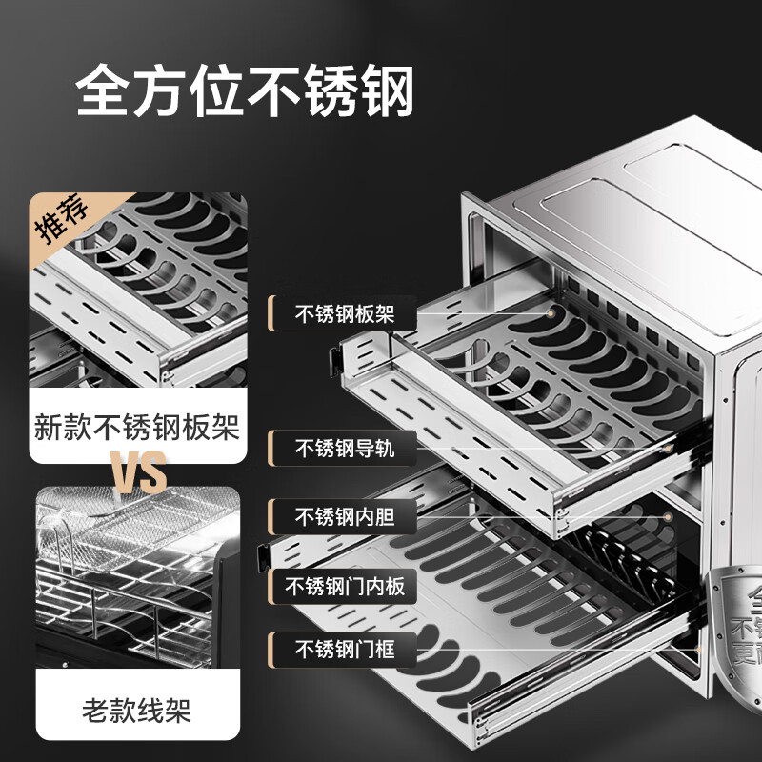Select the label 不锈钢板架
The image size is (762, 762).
pos(344,312)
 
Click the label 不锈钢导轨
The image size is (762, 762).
pos(344,448)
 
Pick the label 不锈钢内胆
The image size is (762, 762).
pos(344,517)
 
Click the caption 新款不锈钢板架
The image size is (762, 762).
pos(136,425)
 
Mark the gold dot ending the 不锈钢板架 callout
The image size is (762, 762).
pos(551,313)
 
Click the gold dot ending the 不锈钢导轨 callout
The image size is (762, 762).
pos(669,448)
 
